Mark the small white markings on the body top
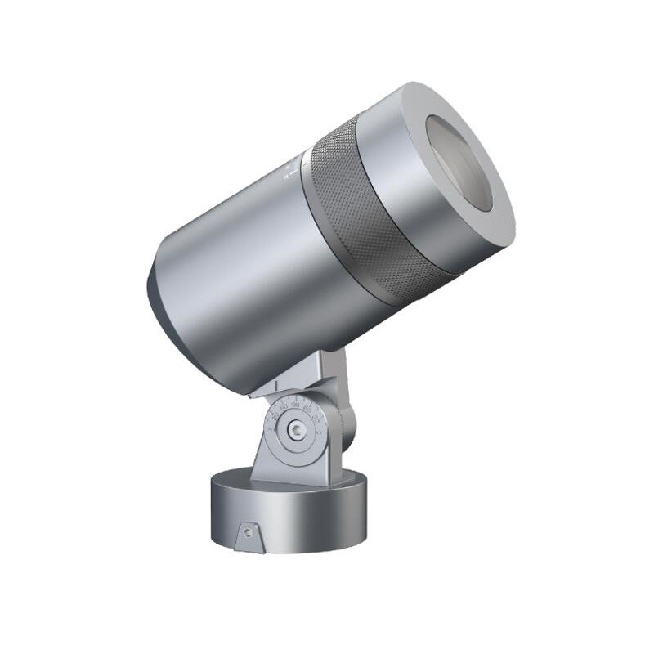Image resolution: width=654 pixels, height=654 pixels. coord(291,172)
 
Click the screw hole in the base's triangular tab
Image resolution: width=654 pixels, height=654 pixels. coord(246,532)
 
